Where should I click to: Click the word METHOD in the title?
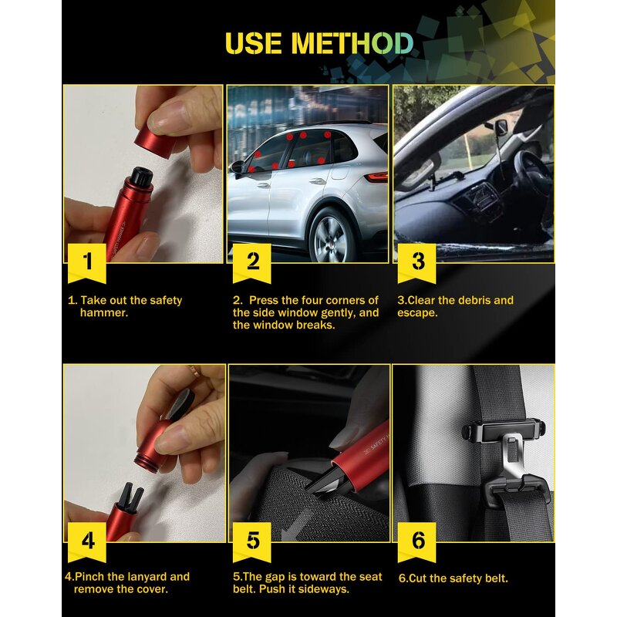352,42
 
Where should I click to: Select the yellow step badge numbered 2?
252,261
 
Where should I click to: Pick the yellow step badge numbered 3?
417,261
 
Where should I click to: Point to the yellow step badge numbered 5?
252,541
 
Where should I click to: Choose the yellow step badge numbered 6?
417,541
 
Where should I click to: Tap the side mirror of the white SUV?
238,166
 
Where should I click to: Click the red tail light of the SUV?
377,177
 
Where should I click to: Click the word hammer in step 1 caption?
104,313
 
